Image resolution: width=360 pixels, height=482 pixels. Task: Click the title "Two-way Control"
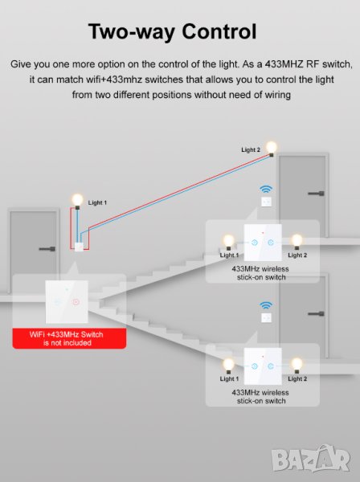click(172, 32)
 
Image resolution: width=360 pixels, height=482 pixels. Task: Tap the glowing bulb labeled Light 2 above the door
click(272, 148)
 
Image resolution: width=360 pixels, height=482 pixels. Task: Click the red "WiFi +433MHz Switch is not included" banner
click(69, 338)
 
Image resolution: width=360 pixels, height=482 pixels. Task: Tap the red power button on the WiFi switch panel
click(76, 302)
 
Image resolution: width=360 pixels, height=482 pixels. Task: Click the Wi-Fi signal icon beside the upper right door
click(266, 189)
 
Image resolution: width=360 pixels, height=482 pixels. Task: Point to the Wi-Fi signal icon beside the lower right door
click(266, 305)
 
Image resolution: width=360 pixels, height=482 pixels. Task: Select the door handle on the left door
click(47, 249)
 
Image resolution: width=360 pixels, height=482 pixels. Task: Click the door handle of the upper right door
click(316, 194)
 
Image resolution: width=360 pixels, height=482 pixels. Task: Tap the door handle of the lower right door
click(316, 313)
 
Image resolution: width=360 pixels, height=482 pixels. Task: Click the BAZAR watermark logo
click(311, 459)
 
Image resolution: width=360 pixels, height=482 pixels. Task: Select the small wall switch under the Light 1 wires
click(79, 247)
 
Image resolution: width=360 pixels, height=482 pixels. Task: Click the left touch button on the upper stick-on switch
click(255, 243)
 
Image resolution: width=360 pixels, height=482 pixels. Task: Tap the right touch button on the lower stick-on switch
click(271, 366)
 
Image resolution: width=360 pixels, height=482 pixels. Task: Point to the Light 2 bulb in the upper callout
click(297, 242)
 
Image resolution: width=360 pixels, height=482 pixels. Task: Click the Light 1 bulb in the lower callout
click(228, 366)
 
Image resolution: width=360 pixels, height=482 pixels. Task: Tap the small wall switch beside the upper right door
click(266, 202)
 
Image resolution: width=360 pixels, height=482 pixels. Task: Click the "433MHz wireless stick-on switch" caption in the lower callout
click(260, 397)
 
